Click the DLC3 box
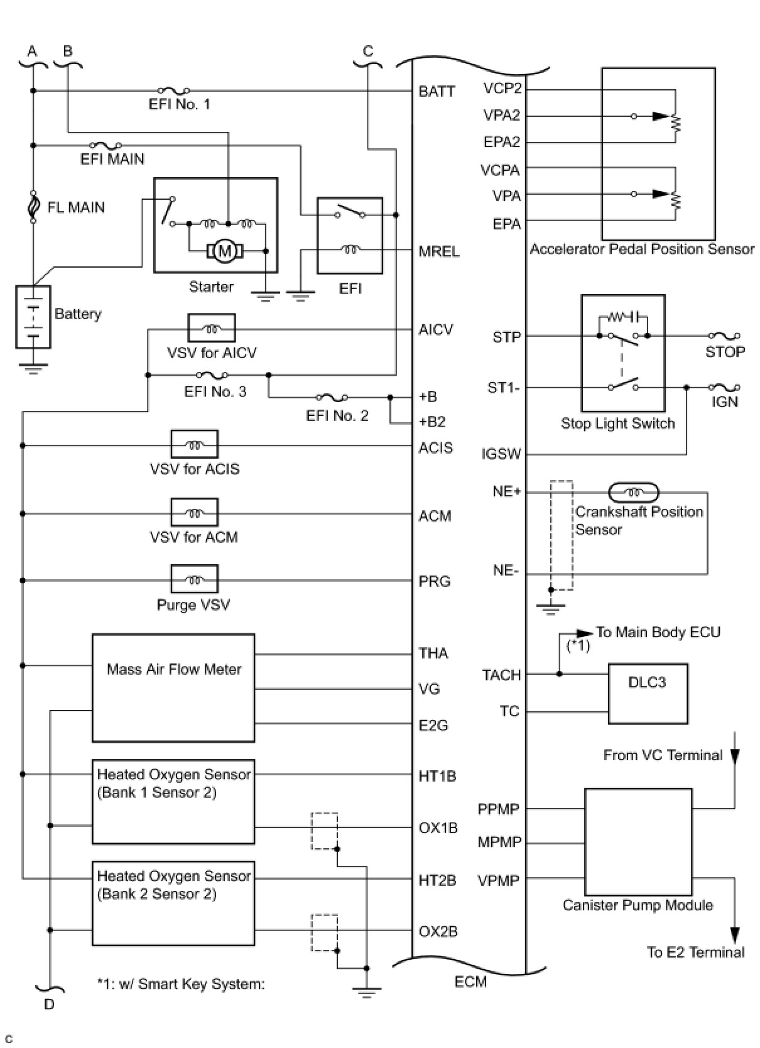648,694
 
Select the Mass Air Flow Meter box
173,687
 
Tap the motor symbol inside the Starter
224,251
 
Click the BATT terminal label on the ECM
437,92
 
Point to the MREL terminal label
439,252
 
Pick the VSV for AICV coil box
212,328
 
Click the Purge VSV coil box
194,579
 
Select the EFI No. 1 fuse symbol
174,91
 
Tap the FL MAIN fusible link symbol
33,207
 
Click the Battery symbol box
33,317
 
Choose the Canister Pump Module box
638,841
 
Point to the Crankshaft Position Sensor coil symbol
634,492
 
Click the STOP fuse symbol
724,336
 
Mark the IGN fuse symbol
724,388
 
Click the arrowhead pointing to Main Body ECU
585,633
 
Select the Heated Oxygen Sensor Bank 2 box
173,903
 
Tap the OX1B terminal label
438,828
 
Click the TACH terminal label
501,675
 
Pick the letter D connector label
49,1004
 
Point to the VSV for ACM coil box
194,513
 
